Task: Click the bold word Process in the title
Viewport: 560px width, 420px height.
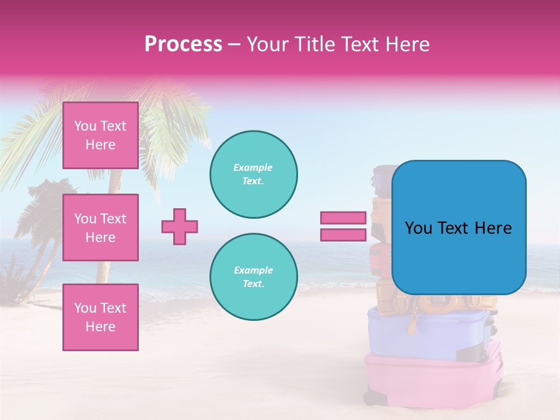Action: pos(183,44)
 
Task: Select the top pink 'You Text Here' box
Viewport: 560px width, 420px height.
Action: pos(100,135)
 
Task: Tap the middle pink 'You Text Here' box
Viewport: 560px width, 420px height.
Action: pos(100,228)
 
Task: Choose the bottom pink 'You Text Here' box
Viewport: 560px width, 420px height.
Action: pos(100,317)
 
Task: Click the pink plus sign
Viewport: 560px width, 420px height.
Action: pos(180,226)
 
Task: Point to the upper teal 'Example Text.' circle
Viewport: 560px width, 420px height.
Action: pos(253,174)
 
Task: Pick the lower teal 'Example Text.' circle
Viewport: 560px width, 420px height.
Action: pos(253,277)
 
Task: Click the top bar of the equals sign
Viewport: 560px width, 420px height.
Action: pos(344,218)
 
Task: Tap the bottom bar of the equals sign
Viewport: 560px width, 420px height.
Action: pos(344,235)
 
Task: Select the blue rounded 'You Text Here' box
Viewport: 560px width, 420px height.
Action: pos(459,228)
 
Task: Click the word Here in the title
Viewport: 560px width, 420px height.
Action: pos(408,44)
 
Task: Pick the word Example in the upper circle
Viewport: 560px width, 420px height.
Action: pos(253,168)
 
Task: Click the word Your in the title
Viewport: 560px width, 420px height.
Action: pos(268,44)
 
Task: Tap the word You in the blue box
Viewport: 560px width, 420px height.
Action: pos(418,228)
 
